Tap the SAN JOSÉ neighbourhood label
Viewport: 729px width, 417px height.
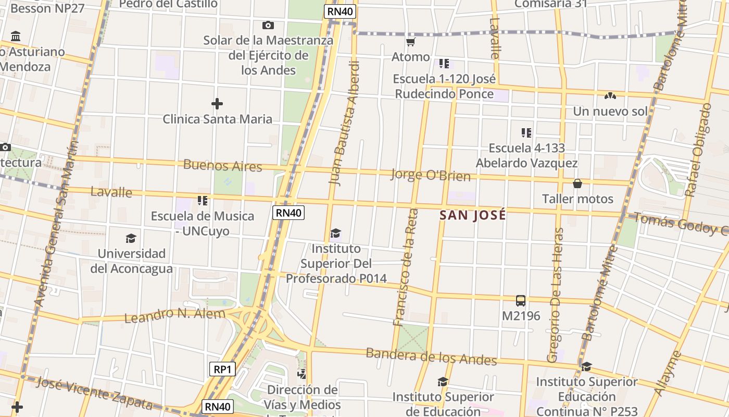[x=473, y=215]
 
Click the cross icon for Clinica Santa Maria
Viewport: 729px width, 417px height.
[x=217, y=104]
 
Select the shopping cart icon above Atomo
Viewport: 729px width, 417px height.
[x=411, y=42]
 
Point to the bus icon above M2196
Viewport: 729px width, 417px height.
[x=521, y=300]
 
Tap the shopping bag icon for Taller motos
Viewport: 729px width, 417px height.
[x=577, y=183]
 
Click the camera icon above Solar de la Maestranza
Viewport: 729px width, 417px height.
[x=268, y=25]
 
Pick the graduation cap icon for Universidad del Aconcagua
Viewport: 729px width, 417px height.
[x=131, y=238]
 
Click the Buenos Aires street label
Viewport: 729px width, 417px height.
[x=222, y=166]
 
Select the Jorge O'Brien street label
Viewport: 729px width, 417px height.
[x=431, y=175]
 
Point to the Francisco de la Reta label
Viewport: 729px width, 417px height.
[x=406, y=267]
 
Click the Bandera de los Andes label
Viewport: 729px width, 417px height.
[x=431, y=357]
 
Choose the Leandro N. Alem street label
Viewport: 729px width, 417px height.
[x=175, y=315]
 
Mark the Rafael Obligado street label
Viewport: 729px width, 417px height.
[x=698, y=150]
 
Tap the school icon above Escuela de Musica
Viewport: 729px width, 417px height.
[x=203, y=200]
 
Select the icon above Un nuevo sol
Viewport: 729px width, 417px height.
[x=610, y=96]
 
